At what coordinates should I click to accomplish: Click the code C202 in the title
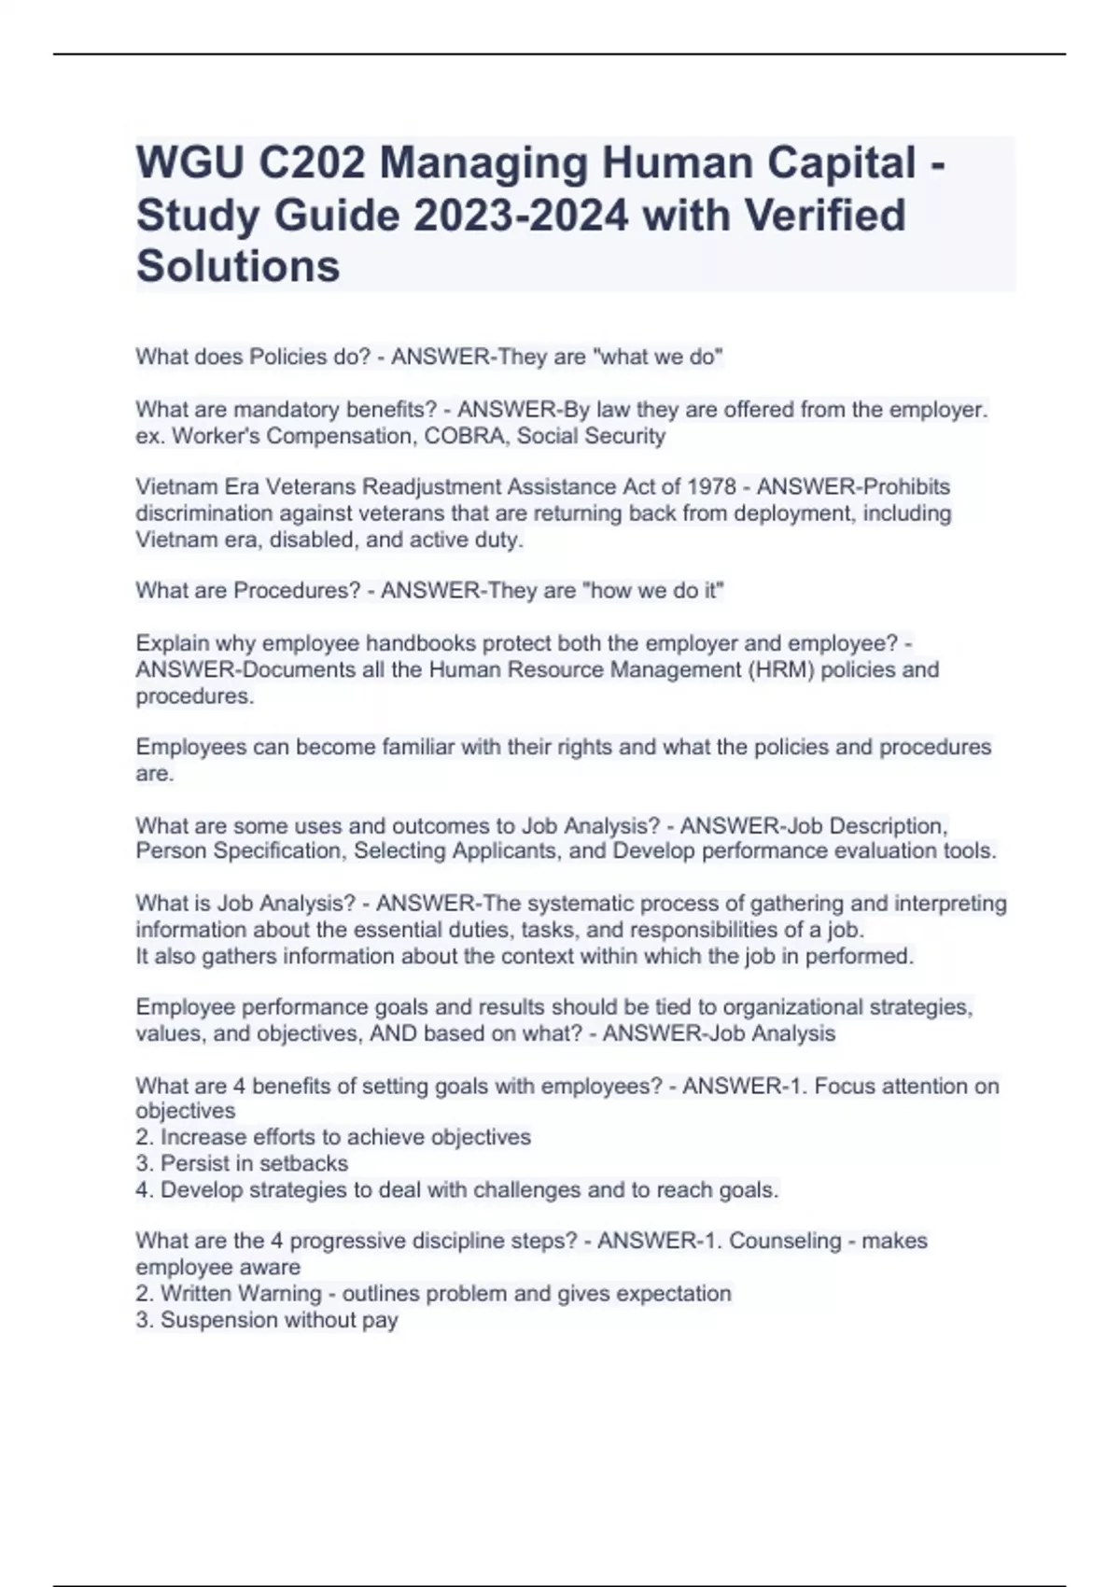pos(311,164)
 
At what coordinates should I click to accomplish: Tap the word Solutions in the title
pos(238,267)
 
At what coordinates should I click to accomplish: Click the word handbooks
pos(391,643)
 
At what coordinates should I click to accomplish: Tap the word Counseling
pos(785,1242)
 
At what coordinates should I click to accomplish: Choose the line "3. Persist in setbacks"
pos(242,1164)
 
